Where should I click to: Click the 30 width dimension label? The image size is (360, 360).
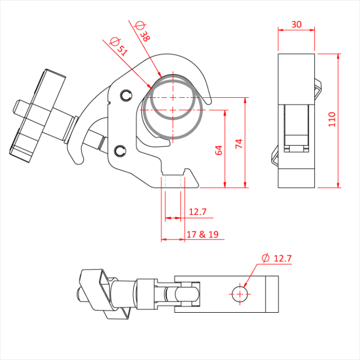pos(296,24)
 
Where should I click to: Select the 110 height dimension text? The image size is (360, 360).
pos(332,119)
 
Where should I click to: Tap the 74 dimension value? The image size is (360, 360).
pos(238,143)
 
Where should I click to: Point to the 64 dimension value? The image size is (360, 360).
pos(218,150)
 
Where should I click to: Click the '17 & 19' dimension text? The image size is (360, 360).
pos(202,235)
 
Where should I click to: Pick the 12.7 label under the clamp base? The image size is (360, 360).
pos(197,212)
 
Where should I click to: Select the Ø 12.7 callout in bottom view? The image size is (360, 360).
pos(276,258)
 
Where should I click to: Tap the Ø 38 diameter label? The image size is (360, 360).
pos(142,31)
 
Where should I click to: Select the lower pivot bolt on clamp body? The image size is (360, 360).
pos(120,150)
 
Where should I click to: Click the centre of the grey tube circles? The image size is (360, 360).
pos(173,108)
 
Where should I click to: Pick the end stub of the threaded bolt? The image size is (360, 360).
pos(19,107)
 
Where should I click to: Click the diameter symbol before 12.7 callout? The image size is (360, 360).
pos(265,258)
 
